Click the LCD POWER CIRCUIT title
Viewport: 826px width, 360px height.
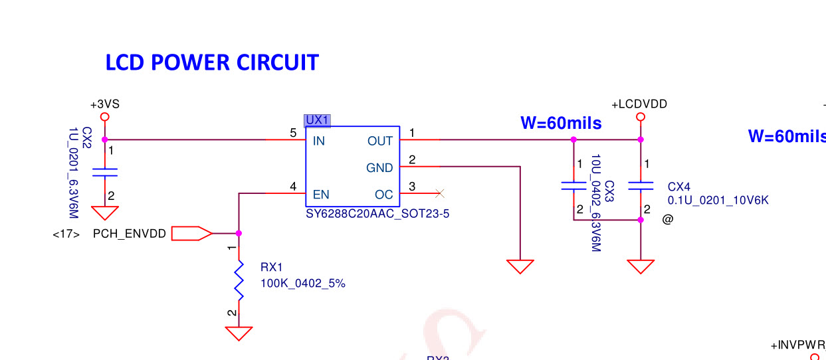tap(212, 62)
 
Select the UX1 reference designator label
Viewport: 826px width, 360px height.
tap(317, 120)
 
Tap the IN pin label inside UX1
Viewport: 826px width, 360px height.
tap(319, 141)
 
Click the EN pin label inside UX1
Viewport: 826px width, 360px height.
tap(321, 195)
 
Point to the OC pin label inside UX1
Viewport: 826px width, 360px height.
tap(384, 195)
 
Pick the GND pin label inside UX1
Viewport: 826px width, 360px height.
tap(379, 168)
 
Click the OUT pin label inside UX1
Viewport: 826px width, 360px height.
tap(380, 141)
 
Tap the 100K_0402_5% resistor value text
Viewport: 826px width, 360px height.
tap(303, 284)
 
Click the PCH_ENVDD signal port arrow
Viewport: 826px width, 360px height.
tap(191, 233)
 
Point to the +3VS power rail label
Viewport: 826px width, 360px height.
tap(104, 104)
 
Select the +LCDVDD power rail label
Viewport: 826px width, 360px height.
tap(639, 104)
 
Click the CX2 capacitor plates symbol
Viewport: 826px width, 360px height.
tap(104, 173)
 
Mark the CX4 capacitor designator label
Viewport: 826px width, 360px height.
tap(679, 187)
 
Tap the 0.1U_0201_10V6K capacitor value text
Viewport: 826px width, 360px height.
tap(718, 200)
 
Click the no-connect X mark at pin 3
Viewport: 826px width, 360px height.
tap(439, 193)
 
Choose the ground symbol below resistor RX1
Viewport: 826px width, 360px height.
tap(239, 333)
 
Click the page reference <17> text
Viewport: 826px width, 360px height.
tap(66, 234)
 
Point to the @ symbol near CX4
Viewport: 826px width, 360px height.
tap(668, 219)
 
